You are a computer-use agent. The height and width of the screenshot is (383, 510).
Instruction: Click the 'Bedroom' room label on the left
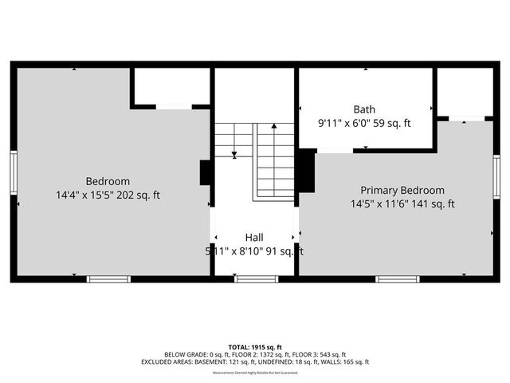point(108,181)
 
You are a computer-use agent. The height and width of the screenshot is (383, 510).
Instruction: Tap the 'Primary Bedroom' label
point(402,190)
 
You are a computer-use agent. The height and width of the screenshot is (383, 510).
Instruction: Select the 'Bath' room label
point(365,109)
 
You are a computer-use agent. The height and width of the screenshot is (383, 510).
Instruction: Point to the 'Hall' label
point(254,237)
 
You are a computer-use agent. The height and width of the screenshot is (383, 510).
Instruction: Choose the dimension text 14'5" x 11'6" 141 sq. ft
point(402,203)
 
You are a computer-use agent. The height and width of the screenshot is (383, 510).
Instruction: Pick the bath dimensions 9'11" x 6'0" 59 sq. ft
point(365,123)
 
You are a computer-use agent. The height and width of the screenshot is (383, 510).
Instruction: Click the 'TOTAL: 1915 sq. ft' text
point(254,347)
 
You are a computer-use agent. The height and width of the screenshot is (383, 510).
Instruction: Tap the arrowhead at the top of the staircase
point(274,125)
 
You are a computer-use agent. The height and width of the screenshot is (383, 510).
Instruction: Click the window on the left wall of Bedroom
point(14,172)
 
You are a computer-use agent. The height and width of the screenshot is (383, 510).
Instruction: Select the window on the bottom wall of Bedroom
point(108,278)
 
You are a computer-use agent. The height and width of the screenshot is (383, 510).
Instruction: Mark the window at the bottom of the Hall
point(256,278)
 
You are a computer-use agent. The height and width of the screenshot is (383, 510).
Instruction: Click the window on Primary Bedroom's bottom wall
point(397,278)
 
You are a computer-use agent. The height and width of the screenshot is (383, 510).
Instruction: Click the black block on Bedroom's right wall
point(205,173)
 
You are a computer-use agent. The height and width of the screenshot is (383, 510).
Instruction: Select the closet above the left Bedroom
point(171,86)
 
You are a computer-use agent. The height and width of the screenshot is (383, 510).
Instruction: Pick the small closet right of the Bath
point(464,93)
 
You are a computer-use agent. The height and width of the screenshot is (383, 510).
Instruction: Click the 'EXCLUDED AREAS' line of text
point(254,361)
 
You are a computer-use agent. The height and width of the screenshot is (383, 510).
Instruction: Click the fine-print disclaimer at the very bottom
point(254,373)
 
